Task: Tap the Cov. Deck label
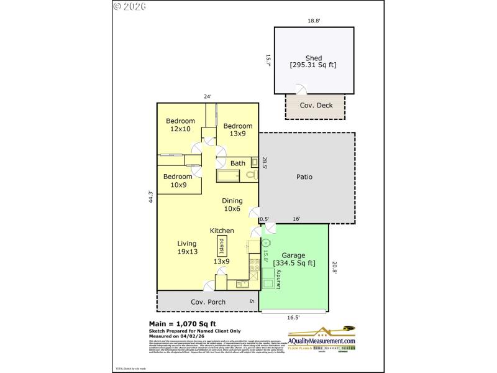[316, 105]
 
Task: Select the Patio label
[304, 177]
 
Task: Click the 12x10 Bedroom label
[180, 125]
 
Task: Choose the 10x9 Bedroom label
[177, 180]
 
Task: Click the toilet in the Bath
[251, 175]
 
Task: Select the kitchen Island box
[221, 247]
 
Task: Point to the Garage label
[293, 259]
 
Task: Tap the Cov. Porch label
[207, 302]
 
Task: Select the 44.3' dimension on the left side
[150, 196]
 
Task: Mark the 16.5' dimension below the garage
[293, 317]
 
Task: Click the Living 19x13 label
[186, 247]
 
